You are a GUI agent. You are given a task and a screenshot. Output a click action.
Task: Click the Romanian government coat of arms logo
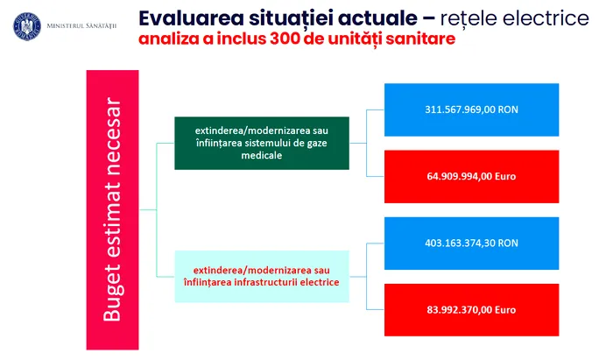point(27,26)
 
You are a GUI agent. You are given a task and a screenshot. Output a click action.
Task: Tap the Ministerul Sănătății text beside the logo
point(81,26)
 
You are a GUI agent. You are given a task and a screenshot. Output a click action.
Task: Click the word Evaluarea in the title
point(191,18)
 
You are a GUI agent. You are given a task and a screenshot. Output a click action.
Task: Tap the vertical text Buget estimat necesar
point(112,209)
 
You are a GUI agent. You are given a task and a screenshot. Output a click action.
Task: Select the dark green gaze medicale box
point(262,143)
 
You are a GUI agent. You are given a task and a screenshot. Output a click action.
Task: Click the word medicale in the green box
point(262,155)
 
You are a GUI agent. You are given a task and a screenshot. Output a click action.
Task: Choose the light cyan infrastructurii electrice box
point(262,277)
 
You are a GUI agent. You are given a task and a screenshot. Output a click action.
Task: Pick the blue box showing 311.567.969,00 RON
point(471,109)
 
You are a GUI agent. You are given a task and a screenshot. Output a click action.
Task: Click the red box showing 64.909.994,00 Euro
point(471,176)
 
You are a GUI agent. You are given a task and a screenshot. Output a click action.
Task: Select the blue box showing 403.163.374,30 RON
point(471,244)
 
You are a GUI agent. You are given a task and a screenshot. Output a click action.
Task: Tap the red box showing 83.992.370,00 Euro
point(471,310)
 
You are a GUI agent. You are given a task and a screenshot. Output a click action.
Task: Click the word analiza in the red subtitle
point(168,39)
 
